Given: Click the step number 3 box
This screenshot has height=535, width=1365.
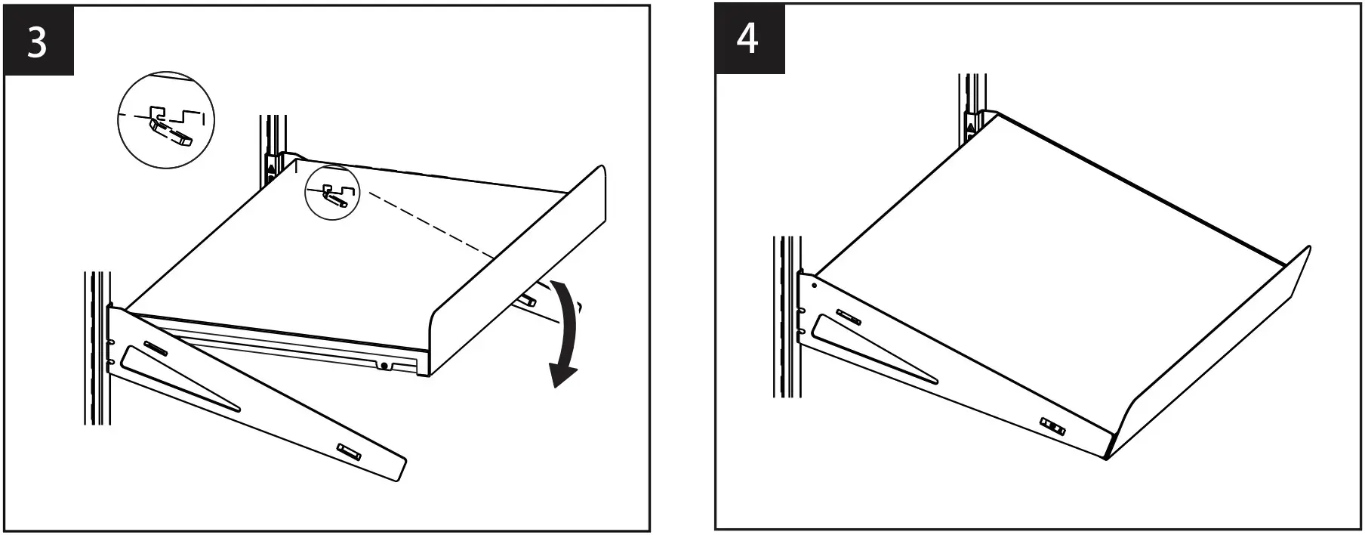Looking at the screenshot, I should pyautogui.click(x=39, y=42).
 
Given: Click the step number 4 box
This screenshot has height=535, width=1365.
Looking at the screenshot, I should pyautogui.click(x=749, y=39).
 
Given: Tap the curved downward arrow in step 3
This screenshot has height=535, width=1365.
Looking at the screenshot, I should pyautogui.click(x=568, y=332).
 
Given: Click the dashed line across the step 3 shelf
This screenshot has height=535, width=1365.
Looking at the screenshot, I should pyautogui.click(x=430, y=226).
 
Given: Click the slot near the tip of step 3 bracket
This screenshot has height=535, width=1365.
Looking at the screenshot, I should pyautogui.click(x=350, y=451).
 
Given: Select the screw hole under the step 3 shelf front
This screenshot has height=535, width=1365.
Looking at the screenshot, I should pyautogui.click(x=384, y=366).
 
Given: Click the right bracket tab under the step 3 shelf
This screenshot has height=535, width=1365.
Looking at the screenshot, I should pyautogui.click(x=527, y=300).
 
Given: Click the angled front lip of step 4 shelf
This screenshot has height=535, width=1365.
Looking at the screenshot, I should pyautogui.click(x=1216, y=355).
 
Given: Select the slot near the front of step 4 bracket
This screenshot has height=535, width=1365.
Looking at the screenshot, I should pyautogui.click(x=1052, y=427).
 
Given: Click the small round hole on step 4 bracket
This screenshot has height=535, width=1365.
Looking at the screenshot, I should pyautogui.click(x=814, y=286).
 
